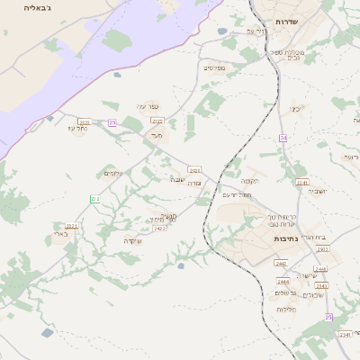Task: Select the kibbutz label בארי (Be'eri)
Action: (x=61, y=235)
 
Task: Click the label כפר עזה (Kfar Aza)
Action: (x=147, y=106)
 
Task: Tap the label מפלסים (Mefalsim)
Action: (x=214, y=67)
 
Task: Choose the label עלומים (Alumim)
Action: (x=113, y=173)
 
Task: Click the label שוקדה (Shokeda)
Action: (x=134, y=240)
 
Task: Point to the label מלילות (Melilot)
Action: (x=288, y=310)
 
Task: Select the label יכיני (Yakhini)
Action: (x=294, y=109)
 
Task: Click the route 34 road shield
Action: (x=283, y=138)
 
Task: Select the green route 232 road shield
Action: (x=94, y=198)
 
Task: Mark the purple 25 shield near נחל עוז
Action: (x=112, y=122)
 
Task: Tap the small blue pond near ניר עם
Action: (x=222, y=31)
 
